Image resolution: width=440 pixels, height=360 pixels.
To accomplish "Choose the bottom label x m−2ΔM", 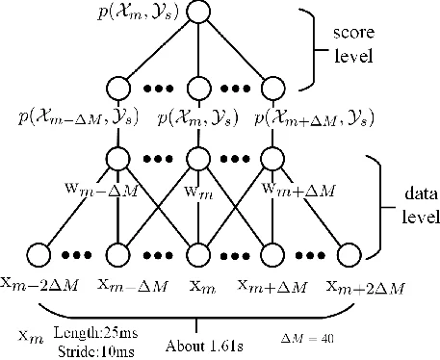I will click(41, 285).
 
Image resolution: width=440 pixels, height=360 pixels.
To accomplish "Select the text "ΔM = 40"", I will click(304, 339).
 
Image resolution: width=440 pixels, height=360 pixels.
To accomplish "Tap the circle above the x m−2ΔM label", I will click(40, 256).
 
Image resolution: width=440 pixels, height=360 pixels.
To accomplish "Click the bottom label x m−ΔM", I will click(121, 285).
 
